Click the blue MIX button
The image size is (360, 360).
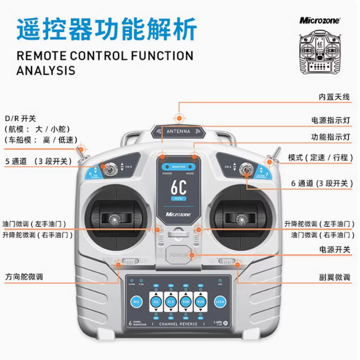point(136,302)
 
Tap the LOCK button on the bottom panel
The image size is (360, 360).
point(219,302)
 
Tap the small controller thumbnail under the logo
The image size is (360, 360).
point(320,54)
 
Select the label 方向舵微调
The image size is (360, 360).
point(25,277)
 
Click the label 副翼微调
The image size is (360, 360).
point(334,277)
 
